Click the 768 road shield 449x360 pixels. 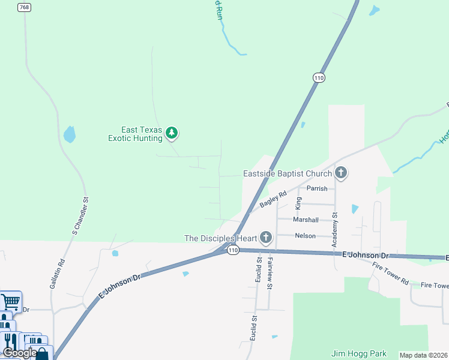[24, 7]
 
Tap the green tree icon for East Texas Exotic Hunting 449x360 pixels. [172, 133]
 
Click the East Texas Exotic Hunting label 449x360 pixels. [135, 134]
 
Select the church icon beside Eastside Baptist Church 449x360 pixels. [341, 174]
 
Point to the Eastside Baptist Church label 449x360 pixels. [287, 174]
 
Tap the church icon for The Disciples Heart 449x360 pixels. [266, 238]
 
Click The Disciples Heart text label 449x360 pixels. [220, 238]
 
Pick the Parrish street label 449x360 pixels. [317, 188]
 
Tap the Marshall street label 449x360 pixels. [306, 220]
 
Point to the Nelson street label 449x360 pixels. [305, 236]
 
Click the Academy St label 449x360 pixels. [335, 223]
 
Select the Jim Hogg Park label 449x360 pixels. [359, 354]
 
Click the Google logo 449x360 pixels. [19, 353]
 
